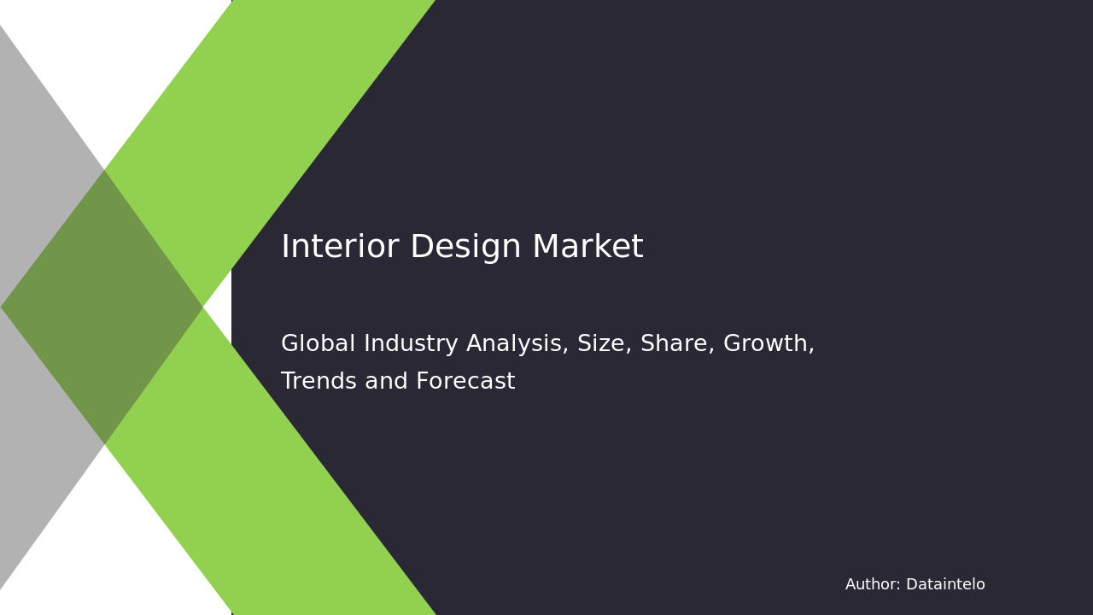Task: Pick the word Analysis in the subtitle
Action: tap(518, 344)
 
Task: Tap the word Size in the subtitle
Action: tap(603, 344)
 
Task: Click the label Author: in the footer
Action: tap(873, 585)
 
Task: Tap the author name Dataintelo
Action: tap(945, 585)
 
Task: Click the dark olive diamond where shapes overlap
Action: tap(102, 307)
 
